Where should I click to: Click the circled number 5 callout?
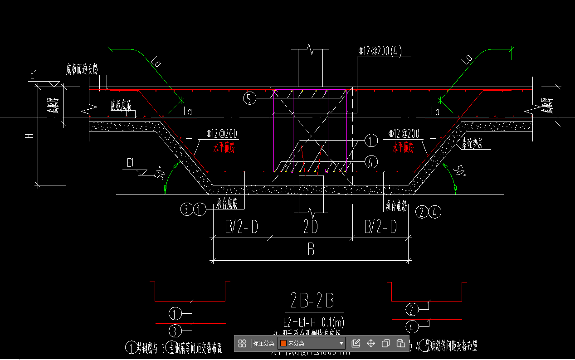click(x=249, y=98)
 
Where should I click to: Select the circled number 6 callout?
click(x=370, y=162)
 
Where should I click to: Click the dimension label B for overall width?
click(x=311, y=250)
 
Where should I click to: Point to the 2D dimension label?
click(x=311, y=227)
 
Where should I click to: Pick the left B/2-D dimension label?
click(x=241, y=227)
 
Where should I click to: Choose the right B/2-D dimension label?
click(x=380, y=227)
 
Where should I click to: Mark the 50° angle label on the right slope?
click(x=459, y=171)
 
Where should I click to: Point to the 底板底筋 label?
click(x=121, y=106)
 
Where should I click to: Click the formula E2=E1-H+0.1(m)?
click(x=313, y=322)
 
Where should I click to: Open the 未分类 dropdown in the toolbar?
click(x=312, y=343)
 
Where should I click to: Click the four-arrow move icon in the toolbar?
click(x=371, y=343)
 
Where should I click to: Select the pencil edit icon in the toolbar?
click(x=356, y=343)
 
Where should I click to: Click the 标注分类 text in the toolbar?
click(x=263, y=343)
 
